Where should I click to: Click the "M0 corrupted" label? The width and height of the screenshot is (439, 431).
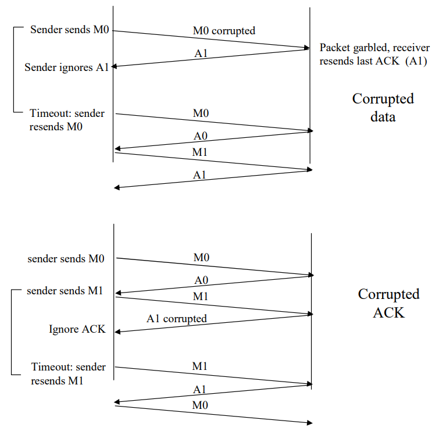224,30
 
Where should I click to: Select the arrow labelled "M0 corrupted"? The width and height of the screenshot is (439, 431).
210,39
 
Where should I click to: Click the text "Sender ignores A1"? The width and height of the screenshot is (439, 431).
66,67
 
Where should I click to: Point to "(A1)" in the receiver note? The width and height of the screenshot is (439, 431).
416,61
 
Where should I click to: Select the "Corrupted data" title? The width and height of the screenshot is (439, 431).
383,108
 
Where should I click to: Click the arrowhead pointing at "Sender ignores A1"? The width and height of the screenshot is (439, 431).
115,67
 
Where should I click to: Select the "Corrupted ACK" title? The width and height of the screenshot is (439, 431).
388,303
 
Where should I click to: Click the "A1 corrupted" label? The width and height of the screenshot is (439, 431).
177,319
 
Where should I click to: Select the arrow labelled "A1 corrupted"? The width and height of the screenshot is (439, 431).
213,323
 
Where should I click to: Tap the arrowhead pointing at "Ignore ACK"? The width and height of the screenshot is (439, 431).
118,332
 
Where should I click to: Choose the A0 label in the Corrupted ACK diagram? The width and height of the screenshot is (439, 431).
201,280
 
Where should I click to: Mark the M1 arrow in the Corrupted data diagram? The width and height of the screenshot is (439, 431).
213,161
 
